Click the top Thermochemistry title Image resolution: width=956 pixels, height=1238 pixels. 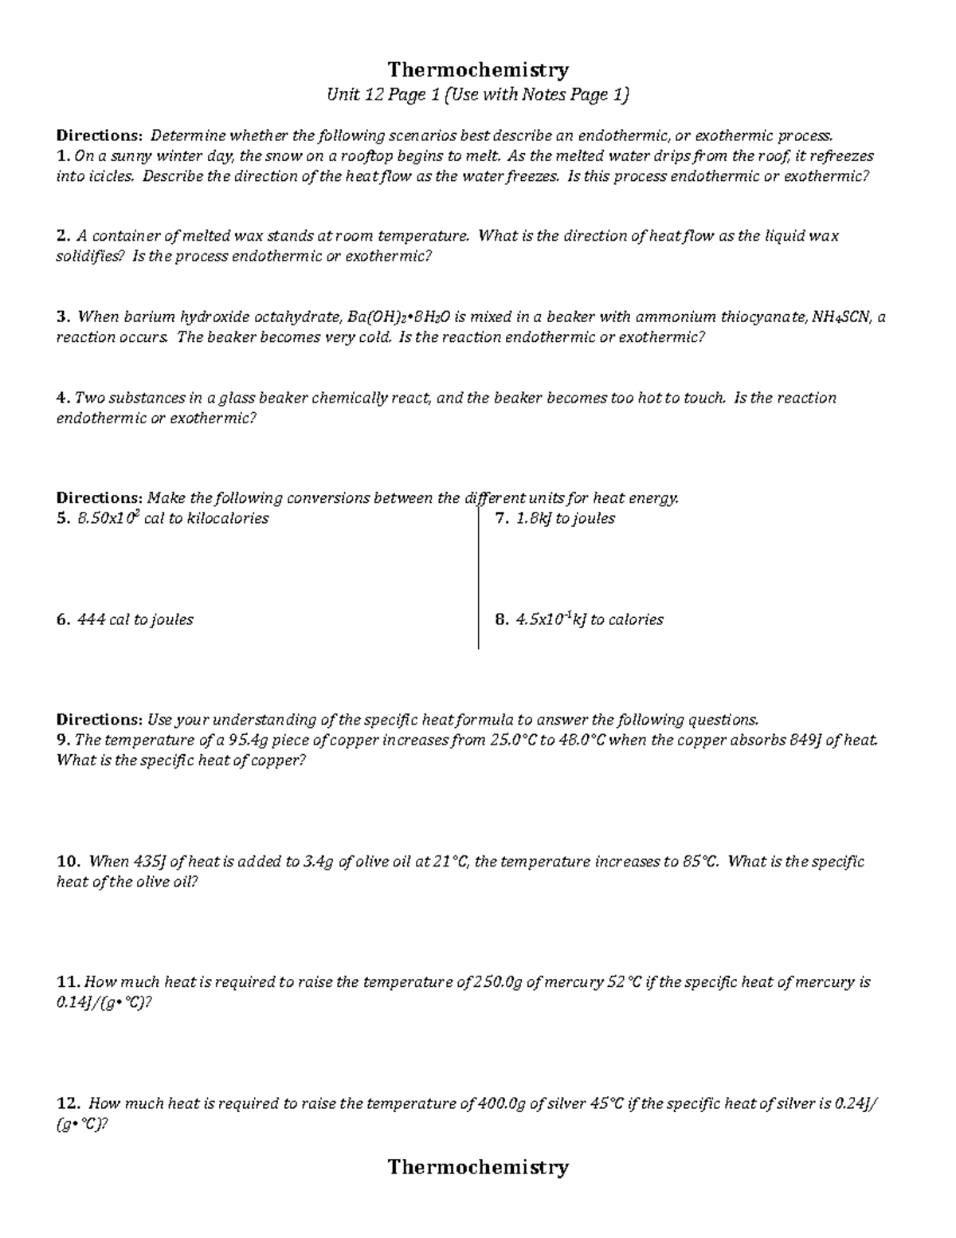[x=478, y=70]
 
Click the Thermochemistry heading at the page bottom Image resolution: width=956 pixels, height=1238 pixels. [x=478, y=1167]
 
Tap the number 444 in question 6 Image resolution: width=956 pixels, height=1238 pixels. [x=91, y=619]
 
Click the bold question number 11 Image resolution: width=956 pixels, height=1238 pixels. [x=68, y=982]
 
